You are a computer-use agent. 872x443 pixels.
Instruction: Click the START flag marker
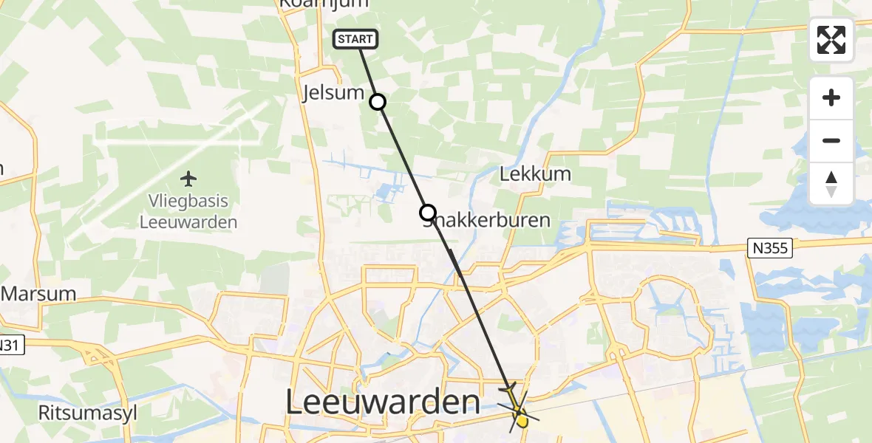pos(356,39)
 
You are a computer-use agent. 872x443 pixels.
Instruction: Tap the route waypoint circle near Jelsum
pos(378,102)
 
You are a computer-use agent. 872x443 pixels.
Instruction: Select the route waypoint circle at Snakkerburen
pos(428,213)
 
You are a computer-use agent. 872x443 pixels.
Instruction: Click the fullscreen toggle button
pos(831,40)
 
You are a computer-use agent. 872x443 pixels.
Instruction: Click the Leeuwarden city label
pos(383,403)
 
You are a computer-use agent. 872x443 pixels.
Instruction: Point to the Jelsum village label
pos(334,93)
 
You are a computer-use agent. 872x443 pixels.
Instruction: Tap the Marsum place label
pos(38,293)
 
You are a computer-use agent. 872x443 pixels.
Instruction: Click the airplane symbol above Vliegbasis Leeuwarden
pos(189,179)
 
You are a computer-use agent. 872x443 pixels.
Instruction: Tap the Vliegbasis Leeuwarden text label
pos(188,212)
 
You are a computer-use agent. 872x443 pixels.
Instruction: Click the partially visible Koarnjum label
pos(322,4)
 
